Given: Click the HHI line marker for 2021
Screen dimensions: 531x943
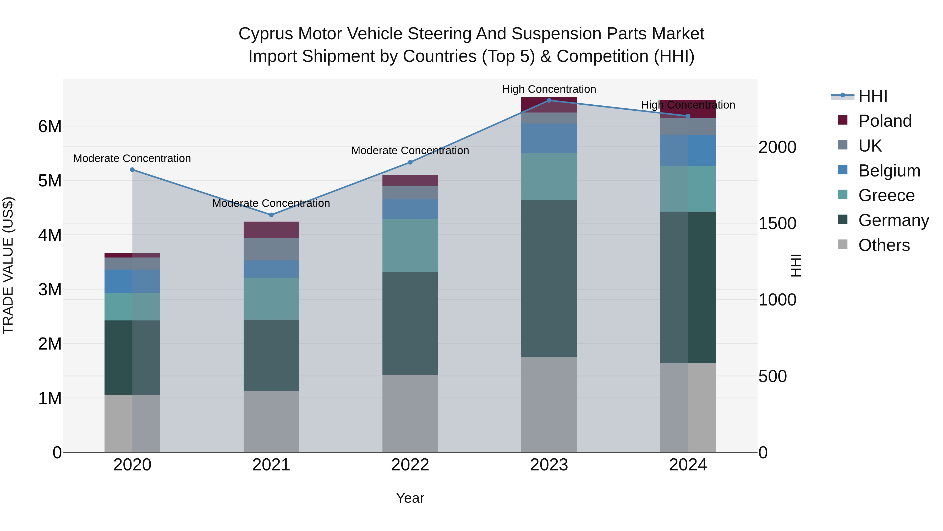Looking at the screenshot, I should coord(271,215).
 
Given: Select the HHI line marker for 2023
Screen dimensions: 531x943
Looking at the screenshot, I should coord(549,100).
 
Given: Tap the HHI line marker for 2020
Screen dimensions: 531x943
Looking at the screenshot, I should coord(133,170).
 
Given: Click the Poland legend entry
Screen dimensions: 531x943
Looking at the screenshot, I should coord(885,121).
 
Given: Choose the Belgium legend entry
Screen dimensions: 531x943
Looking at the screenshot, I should coord(889,171).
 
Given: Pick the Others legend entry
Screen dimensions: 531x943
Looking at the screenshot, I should coord(884,245).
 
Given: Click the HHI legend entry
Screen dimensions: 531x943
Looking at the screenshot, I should coord(873,96).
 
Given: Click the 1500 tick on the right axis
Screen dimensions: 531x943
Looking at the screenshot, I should coord(777,223).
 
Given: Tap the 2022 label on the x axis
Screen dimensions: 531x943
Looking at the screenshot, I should coord(410,465).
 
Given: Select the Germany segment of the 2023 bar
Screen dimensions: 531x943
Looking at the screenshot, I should coord(549,278).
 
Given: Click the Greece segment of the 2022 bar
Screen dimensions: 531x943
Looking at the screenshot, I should coord(410,245).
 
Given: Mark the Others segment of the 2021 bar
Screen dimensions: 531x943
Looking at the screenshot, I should coord(271,421).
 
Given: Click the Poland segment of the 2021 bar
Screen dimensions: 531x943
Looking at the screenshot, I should coord(271,230).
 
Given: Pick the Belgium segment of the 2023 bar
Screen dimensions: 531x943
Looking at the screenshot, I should coord(549,138).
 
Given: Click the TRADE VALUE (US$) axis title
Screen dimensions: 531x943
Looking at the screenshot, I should coord(8,265).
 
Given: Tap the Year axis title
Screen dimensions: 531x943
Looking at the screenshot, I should coord(410,498).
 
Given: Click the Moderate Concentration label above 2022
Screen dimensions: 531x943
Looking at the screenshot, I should coord(410,151).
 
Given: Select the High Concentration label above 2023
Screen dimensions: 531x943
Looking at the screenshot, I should coord(549,89).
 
